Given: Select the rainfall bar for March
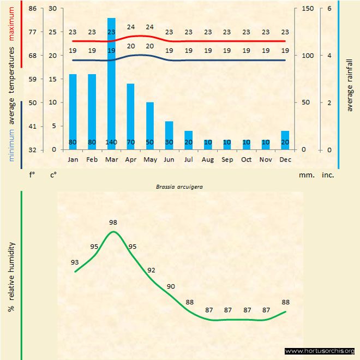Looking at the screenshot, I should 111,82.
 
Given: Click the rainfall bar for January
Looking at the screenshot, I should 73,109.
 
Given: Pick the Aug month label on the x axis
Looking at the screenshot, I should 208,159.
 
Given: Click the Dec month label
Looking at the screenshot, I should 285,159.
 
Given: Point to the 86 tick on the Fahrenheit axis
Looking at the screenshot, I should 33,9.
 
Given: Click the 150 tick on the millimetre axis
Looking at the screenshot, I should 308,9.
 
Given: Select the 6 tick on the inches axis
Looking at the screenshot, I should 329,9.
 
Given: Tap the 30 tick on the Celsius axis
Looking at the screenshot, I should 52,9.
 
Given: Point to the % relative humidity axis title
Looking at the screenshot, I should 11,277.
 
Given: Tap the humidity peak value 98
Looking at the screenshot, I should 113,222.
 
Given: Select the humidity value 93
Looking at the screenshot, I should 75,262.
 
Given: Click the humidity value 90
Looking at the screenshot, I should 171,286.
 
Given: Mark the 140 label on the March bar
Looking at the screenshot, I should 111,142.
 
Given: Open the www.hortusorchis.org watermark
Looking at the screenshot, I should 320,351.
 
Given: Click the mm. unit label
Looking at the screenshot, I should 305,176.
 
